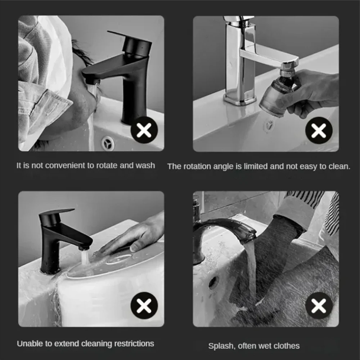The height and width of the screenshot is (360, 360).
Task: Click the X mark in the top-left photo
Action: tap(144, 130)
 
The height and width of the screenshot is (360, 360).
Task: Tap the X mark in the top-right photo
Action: tap(319, 130)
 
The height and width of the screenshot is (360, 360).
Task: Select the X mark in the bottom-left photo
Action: tap(144, 306)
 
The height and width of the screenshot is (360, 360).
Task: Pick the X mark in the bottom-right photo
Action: tap(319, 306)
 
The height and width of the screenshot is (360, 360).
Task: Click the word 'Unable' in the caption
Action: tap(28, 343)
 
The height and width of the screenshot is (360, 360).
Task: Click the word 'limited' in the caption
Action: tap(257, 166)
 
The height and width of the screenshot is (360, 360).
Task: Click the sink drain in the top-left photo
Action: tap(108, 143)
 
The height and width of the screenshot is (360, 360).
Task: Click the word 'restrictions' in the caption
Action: tap(131, 343)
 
